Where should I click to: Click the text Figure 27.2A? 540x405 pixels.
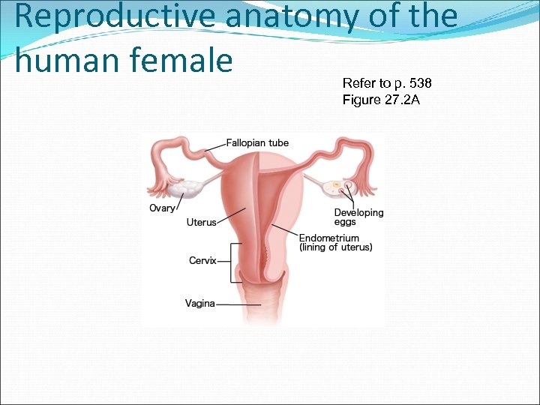tap(381, 100)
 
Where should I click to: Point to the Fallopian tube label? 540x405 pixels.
tap(257, 143)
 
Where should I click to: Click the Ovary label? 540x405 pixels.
tap(162, 208)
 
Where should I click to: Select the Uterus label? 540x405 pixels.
tap(201, 222)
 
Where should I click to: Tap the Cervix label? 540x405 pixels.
tap(202, 261)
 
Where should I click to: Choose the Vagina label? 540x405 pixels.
tap(199, 304)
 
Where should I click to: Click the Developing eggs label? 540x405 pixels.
tap(358, 217)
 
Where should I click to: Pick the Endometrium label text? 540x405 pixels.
tap(329, 238)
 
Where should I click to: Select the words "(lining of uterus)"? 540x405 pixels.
tap(335, 247)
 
